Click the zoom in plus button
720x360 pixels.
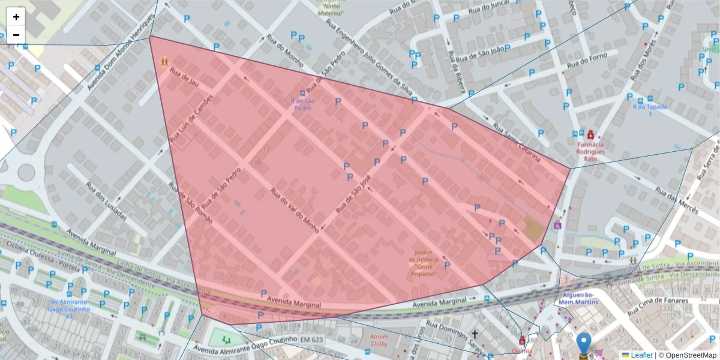click(x=16, y=17)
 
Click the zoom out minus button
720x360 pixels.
click(x=16, y=35)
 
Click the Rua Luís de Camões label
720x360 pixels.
click(x=191, y=118)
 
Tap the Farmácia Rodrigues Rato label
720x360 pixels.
click(x=590, y=148)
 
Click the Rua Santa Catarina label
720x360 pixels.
click(x=517, y=143)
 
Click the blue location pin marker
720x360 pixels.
click(x=584, y=344)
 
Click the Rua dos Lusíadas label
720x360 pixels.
click(x=106, y=201)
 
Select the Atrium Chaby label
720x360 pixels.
click(x=379, y=340)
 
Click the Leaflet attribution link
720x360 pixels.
click(x=641, y=355)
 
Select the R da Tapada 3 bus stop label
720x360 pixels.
click(x=641, y=110)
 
